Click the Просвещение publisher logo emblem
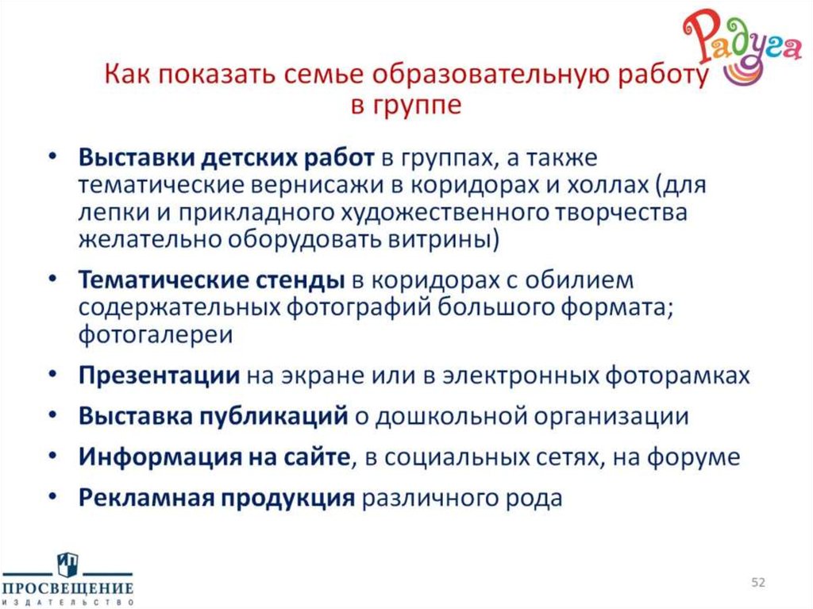point(67,565)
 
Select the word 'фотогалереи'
point(156,334)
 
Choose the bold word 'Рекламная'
point(145,498)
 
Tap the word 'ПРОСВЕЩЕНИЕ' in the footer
point(67,588)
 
